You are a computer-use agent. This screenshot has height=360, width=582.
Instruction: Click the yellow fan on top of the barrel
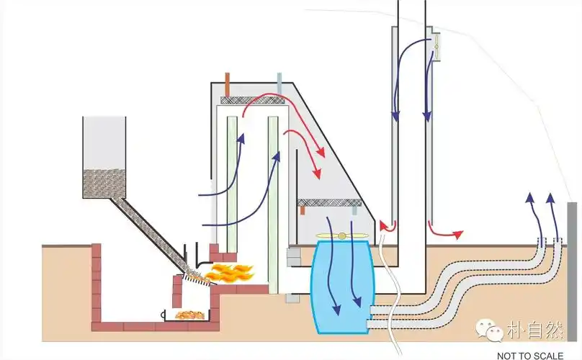pos(341,235)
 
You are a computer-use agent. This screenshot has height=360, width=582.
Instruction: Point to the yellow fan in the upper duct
pos(436,45)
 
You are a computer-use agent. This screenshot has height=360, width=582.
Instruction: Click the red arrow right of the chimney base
pos(443,232)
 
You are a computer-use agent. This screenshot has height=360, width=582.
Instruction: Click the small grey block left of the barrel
pos(292,253)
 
